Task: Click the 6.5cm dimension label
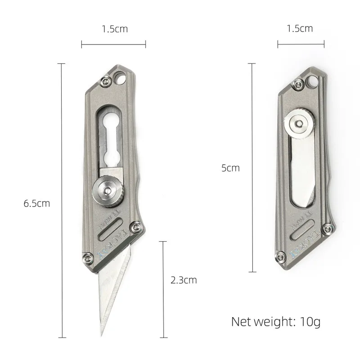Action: coord(37,203)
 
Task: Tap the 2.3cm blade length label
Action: coord(184,280)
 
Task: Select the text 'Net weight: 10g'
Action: coord(275,322)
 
